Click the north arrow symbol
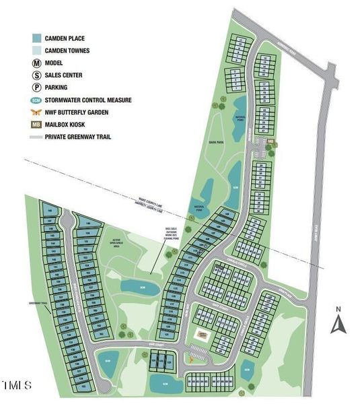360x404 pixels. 338,325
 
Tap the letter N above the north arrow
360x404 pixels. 338,309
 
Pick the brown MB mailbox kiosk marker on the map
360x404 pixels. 271,141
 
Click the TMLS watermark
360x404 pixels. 17,386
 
